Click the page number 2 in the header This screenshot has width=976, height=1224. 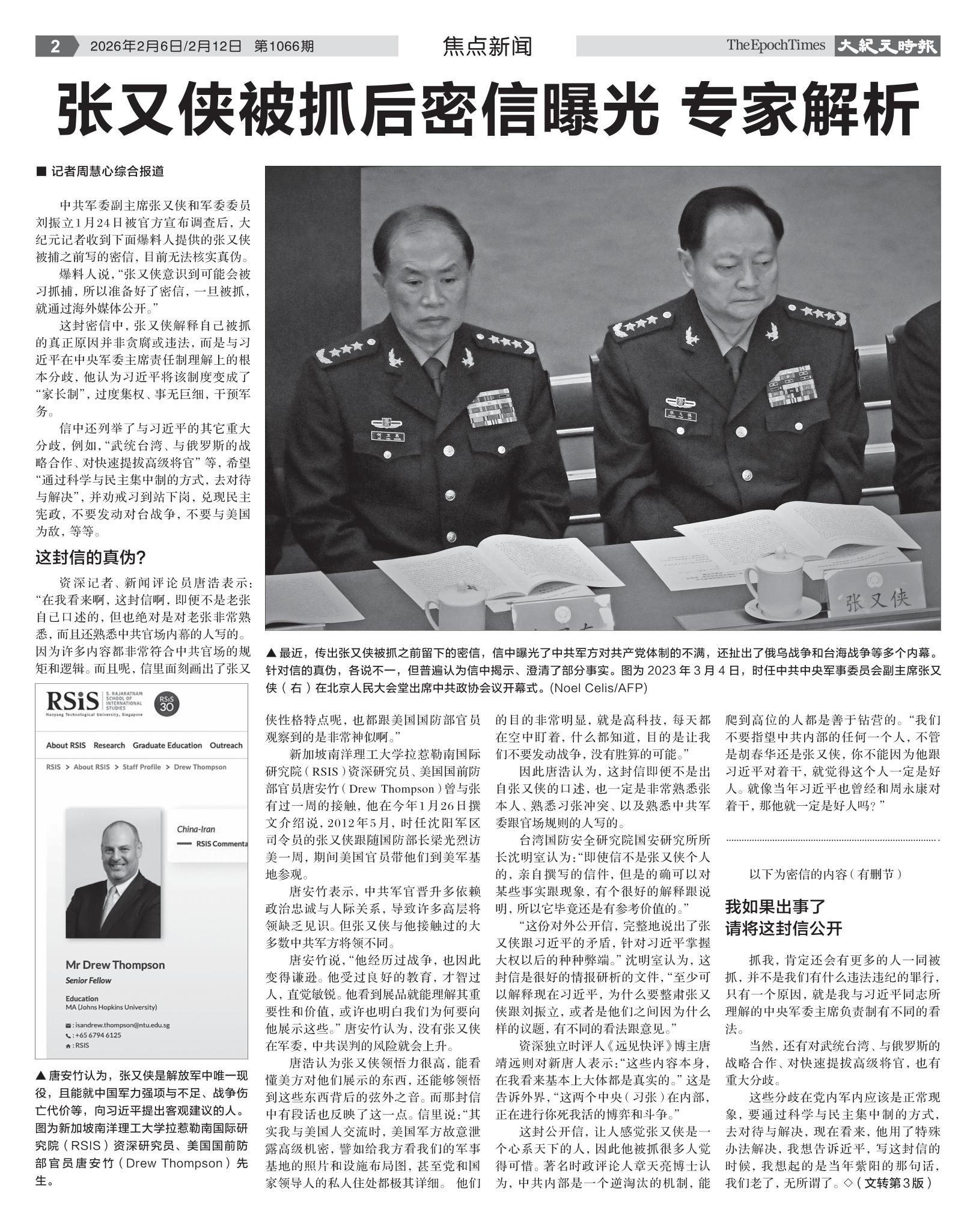coord(55,46)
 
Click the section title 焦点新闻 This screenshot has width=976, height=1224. coord(487,46)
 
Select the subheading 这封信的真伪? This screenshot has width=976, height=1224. coord(91,558)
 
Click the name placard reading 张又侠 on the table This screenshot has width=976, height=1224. coord(877,598)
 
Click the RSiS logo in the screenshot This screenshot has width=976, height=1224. coord(72,702)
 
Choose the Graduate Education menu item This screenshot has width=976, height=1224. coord(167,745)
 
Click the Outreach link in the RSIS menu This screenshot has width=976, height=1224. coord(226,745)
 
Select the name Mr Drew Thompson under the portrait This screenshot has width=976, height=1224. coord(115,965)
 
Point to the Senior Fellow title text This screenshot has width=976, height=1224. coord(88,980)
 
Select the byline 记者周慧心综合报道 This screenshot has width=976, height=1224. coord(107,172)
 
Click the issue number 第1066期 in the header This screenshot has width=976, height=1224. coord(284,46)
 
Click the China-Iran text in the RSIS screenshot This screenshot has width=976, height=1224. coord(195,830)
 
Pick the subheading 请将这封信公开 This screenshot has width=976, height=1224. coord(784,929)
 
